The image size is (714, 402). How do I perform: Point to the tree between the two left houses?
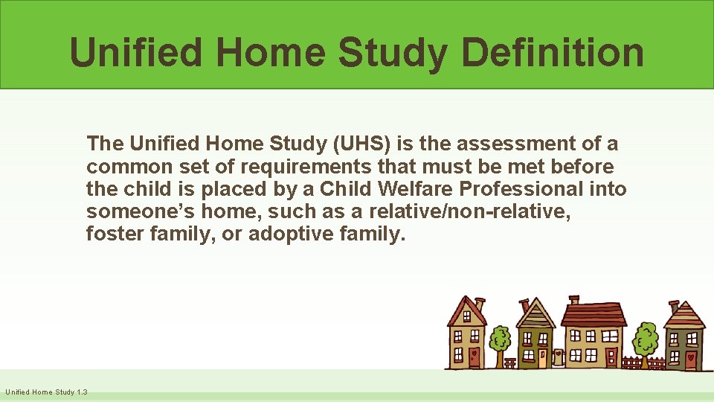(x=501, y=341)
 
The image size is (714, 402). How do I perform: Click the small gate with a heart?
(x=558, y=357)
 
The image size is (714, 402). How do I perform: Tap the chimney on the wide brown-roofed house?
(x=573, y=300)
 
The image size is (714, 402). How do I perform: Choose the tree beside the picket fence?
(x=645, y=341)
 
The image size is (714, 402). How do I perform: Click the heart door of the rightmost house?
(x=689, y=358)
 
